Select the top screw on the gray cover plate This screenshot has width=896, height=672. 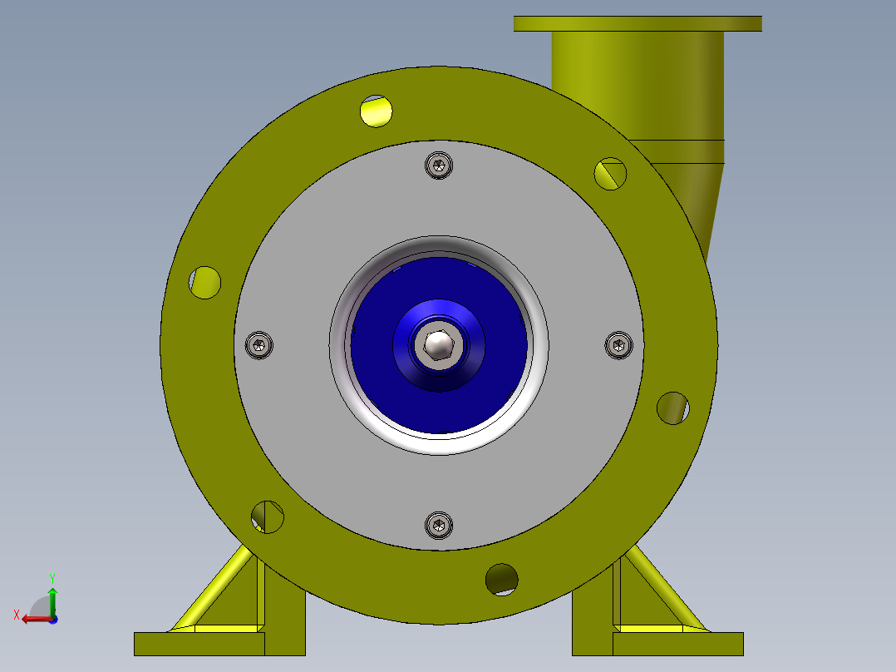coord(439,166)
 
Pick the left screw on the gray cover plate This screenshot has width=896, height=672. coord(260,344)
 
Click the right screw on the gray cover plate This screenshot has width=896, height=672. coord(618,345)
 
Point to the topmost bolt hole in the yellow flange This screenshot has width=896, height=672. coord(377,111)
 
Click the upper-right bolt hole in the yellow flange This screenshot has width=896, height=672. coord(610,173)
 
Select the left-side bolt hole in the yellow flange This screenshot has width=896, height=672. coord(204,282)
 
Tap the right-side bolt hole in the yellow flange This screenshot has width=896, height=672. coord(672,408)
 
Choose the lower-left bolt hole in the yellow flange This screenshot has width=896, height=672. coord(268,516)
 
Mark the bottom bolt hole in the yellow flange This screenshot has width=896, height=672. coord(502,579)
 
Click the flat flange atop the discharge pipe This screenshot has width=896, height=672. coord(638,23)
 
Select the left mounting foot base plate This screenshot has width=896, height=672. coord(199,644)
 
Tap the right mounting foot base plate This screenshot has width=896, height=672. coord(677,644)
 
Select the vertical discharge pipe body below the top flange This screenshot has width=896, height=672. coord(638,83)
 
